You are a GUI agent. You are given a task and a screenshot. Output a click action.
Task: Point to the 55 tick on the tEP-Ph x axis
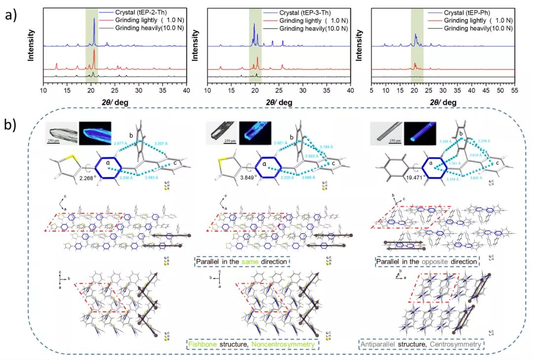click(513, 91)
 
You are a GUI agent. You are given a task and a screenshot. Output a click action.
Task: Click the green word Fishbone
click(203, 343)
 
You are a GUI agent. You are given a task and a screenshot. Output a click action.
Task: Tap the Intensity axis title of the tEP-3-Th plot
click(196, 45)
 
